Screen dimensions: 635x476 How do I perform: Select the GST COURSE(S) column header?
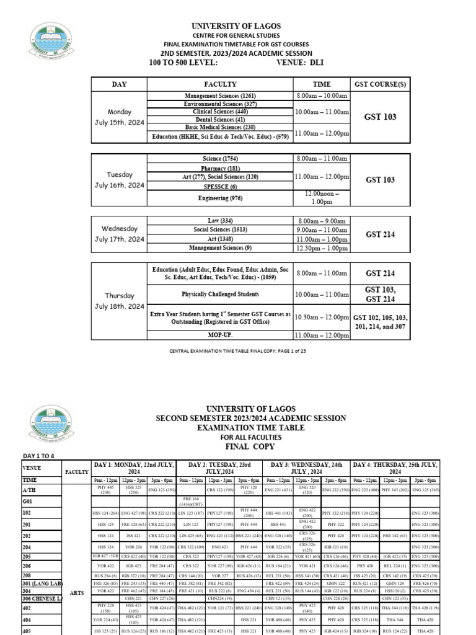380,84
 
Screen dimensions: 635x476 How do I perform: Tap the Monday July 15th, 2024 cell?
120,117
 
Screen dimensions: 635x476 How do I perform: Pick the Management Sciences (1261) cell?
219,96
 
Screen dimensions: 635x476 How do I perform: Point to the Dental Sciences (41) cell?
219,119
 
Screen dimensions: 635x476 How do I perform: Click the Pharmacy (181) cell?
219,169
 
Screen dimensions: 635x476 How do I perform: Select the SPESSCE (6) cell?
219,186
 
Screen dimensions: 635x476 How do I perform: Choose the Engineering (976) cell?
219,198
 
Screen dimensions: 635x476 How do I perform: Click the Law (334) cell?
219,221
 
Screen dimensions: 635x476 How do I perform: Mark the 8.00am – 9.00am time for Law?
322,221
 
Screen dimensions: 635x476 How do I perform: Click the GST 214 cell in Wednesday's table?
380,234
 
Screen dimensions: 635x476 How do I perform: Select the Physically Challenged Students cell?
219,294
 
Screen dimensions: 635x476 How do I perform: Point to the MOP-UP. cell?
219,335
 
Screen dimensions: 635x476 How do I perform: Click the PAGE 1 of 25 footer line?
239,351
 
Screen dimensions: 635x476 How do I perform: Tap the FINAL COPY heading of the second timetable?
239,446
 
